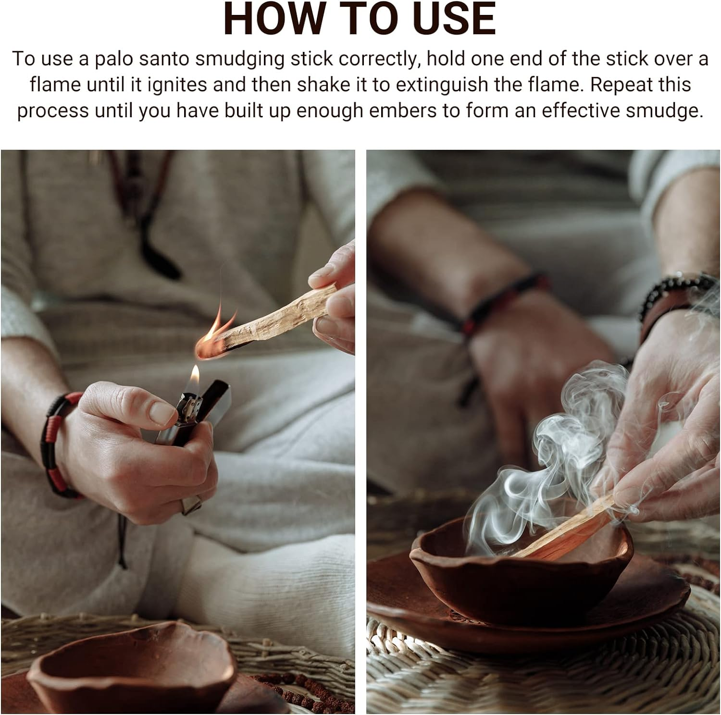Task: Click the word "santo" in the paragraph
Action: pos(164,59)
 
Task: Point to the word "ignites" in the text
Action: pos(177,85)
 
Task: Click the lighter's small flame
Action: pos(195,375)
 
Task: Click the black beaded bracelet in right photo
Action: pos(673,293)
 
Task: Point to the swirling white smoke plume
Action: pos(553,461)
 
